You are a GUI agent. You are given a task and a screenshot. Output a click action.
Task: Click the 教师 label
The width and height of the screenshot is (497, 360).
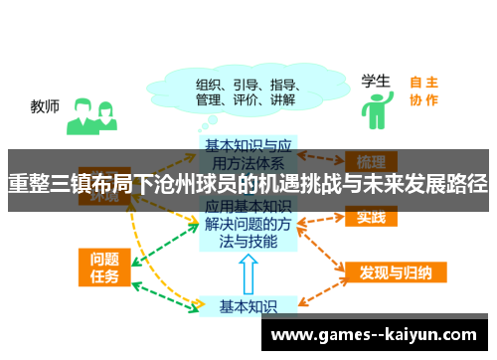click(x=45, y=103)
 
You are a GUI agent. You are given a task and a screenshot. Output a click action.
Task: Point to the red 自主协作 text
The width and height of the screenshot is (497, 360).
click(x=423, y=90)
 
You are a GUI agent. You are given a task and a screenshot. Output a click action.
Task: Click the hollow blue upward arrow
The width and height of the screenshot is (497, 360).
click(x=248, y=272)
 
